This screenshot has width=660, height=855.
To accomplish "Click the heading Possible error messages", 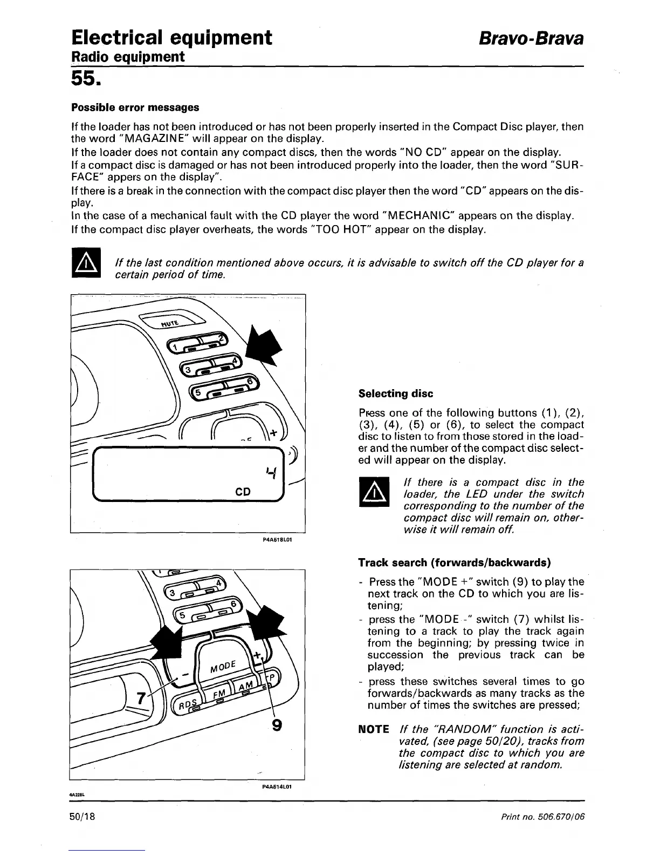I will tap(135, 107).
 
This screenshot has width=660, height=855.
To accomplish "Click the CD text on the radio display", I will tap(243, 492).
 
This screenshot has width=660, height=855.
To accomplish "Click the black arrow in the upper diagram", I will tap(264, 345).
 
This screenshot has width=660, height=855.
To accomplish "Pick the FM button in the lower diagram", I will tap(218, 693).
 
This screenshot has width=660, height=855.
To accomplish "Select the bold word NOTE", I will tap(374, 730).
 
